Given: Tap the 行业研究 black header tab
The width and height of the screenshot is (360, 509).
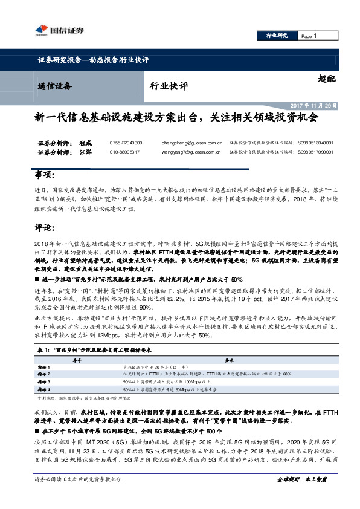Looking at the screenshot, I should pos(277,37).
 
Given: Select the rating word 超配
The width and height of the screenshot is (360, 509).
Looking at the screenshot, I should pos(326,79).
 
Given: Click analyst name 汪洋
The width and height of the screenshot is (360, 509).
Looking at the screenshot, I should pos(86,152).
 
